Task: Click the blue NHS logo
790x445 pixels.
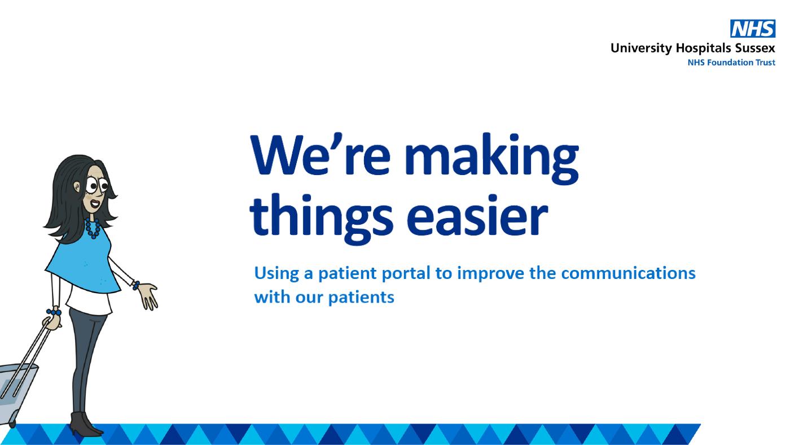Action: click(753, 29)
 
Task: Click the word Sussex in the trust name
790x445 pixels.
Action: click(755, 48)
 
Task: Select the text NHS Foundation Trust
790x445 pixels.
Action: click(731, 63)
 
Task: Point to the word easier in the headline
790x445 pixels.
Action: click(480, 216)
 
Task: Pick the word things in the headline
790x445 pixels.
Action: click(321, 219)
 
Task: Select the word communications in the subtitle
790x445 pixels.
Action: click(628, 273)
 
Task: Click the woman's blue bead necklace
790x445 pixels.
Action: click(92, 228)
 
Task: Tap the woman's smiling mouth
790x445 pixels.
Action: click(95, 204)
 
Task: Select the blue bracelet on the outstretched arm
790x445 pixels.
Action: click(135, 285)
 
